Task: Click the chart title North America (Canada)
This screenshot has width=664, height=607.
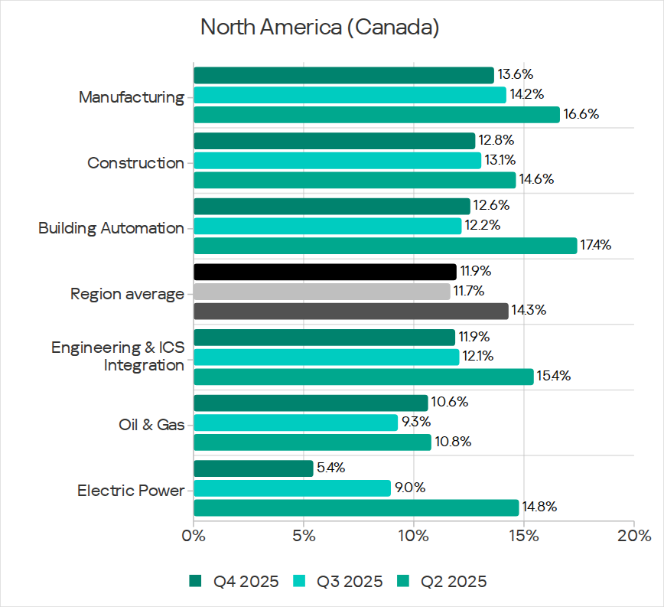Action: click(320, 28)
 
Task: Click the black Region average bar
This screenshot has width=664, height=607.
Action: click(324, 272)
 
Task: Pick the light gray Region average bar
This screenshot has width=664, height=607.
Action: click(322, 291)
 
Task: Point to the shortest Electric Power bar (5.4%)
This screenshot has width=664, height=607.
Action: click(253, 468)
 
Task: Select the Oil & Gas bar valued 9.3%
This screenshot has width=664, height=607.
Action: click(295, 423)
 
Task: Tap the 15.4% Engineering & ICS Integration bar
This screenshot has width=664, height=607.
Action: click(363, 376)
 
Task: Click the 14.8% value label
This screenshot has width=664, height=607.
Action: click(539, 507)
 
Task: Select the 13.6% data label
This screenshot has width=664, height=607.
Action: click(515, 75)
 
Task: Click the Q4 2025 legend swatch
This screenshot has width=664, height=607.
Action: click(196, 582)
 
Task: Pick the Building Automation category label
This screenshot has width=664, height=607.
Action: click(111, 228)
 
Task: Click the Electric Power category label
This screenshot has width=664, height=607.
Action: click(131, 490)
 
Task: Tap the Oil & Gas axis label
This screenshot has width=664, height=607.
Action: click(151, 424)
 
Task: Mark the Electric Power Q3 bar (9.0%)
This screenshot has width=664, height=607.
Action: click(291, 488)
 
